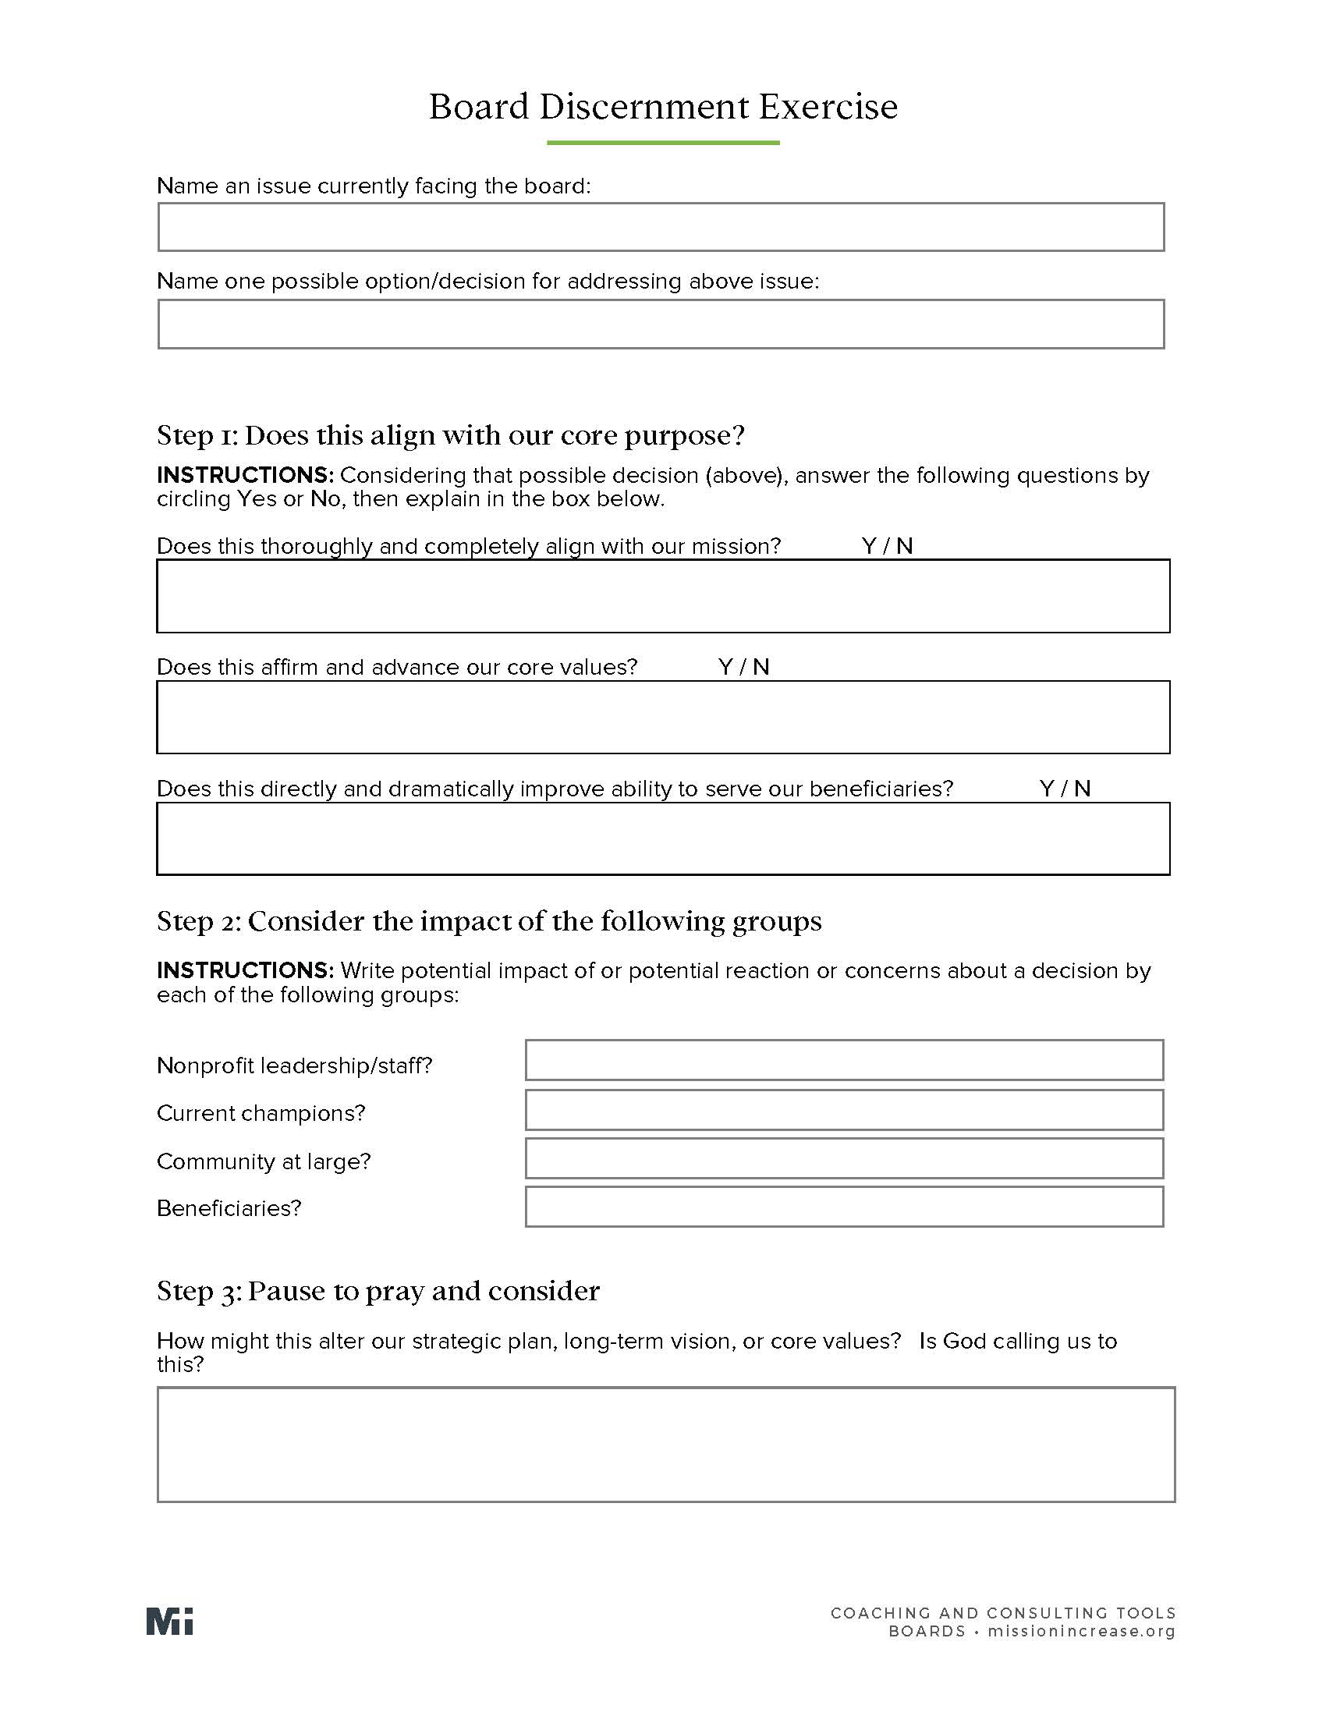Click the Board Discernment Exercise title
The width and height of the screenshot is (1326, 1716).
coord(662,107)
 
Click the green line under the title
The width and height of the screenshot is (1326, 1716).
coord(662,143)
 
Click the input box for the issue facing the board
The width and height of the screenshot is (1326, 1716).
coord(660,227)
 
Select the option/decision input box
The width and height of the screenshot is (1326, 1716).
coord(660,324)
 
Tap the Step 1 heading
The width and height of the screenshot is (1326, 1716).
coord(450,435)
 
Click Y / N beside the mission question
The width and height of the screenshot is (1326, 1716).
coord(887,546)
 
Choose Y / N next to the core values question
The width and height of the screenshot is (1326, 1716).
coord(743,667)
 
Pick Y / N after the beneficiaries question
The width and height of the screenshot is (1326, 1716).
coord(1065,788)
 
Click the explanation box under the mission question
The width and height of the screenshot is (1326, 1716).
coord(662,597)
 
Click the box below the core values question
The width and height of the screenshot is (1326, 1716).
coord(662,718)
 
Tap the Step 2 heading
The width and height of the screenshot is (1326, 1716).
coord(488,921)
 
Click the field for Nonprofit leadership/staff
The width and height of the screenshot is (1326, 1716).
coord(844,1060)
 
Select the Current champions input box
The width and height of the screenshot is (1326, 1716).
coord(844,1109)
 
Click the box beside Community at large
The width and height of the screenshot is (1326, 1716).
coord(844,1158)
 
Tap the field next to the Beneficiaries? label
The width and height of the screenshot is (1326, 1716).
coord(844,1207)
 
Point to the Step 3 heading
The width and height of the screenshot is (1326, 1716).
coord(378,1291)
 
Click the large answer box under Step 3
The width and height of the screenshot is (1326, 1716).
coord(665,1444)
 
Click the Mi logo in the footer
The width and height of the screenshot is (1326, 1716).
coord(170,1622)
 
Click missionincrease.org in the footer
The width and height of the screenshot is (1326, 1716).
coord(1081,1631)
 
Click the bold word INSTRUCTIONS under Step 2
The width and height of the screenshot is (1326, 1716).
coord(245,970)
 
